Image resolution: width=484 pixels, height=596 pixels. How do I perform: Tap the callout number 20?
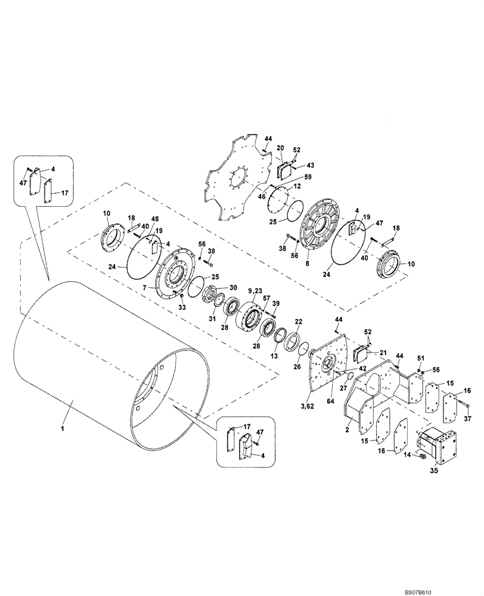[281, 147]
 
